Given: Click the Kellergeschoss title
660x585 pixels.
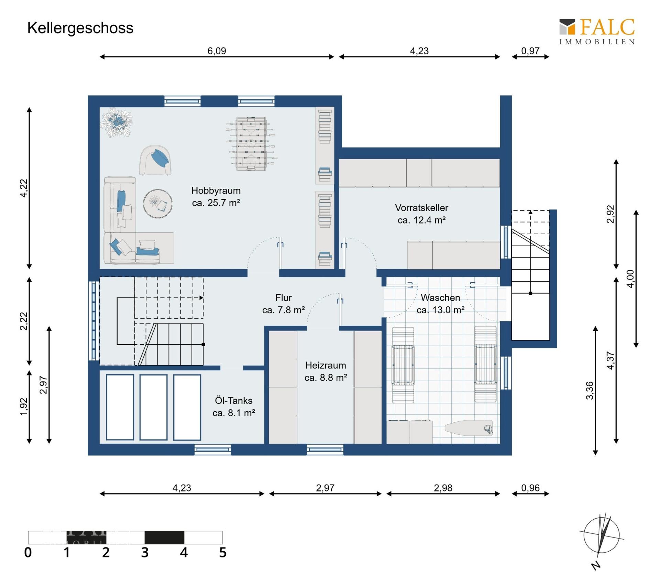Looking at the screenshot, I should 80,28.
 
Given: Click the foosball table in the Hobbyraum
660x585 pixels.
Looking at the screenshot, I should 251,143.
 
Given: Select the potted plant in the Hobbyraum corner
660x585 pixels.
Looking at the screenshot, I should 117,122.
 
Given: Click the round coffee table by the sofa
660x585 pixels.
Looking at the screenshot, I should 158,204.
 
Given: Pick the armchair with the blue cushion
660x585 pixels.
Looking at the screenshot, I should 156,160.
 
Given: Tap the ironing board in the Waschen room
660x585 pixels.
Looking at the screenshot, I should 469,428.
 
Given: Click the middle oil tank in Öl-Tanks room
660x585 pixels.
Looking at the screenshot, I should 153,407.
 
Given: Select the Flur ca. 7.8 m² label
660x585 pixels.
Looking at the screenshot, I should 283,304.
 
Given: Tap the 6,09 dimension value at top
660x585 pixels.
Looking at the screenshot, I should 217,51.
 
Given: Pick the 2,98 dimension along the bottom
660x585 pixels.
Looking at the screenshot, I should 443,488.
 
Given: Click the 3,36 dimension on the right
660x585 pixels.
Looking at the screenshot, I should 589,390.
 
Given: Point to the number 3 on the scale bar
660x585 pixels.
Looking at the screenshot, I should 145,553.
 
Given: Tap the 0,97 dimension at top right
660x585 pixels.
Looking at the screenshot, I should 530,51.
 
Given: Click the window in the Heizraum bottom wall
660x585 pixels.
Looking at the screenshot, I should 325,449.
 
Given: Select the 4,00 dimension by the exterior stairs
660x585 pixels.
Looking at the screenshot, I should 630,279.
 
